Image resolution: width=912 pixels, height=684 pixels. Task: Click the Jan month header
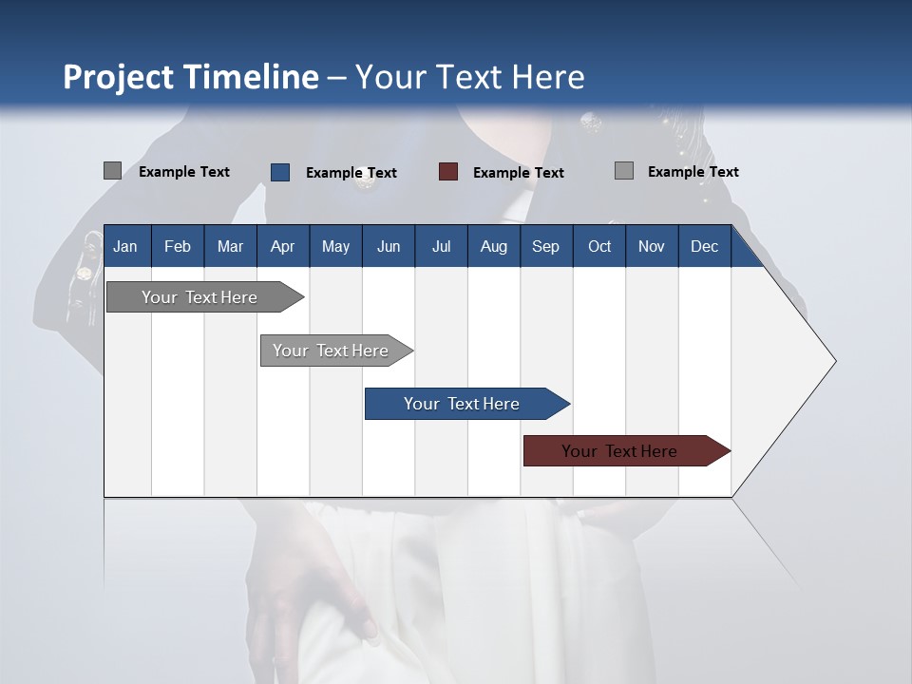[125, 246]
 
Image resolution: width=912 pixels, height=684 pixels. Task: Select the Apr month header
[282, 246]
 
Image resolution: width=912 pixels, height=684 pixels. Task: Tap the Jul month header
[441, 246]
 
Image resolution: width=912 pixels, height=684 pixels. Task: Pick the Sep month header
[545, 246]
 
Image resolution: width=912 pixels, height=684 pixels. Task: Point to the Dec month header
[704, 246]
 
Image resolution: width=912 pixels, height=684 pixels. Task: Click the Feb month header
[178, 246]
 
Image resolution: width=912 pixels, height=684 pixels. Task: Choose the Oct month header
[599, 246]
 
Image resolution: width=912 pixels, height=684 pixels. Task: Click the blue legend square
[280, 172]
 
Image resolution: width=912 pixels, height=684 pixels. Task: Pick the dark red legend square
[448, 172]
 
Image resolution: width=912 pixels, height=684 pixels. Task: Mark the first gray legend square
[112, 171]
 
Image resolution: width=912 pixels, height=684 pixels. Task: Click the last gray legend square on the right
[624, 171]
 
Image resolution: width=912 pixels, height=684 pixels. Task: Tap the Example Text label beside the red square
[518, 173]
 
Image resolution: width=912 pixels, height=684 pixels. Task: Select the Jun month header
[389, 246]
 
